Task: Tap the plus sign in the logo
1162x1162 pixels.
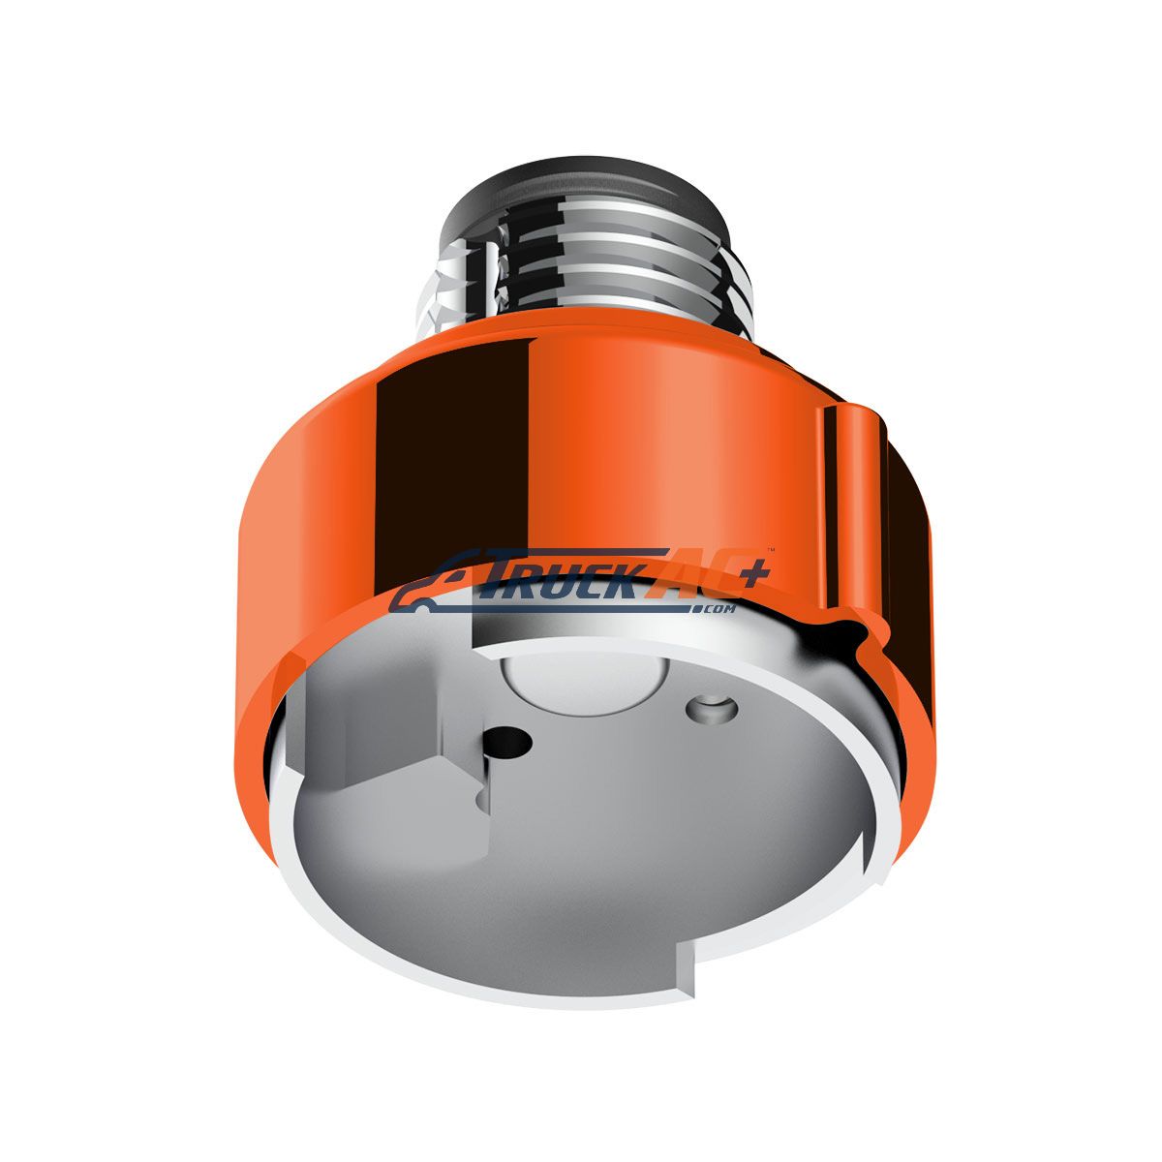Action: click(752, 574)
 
